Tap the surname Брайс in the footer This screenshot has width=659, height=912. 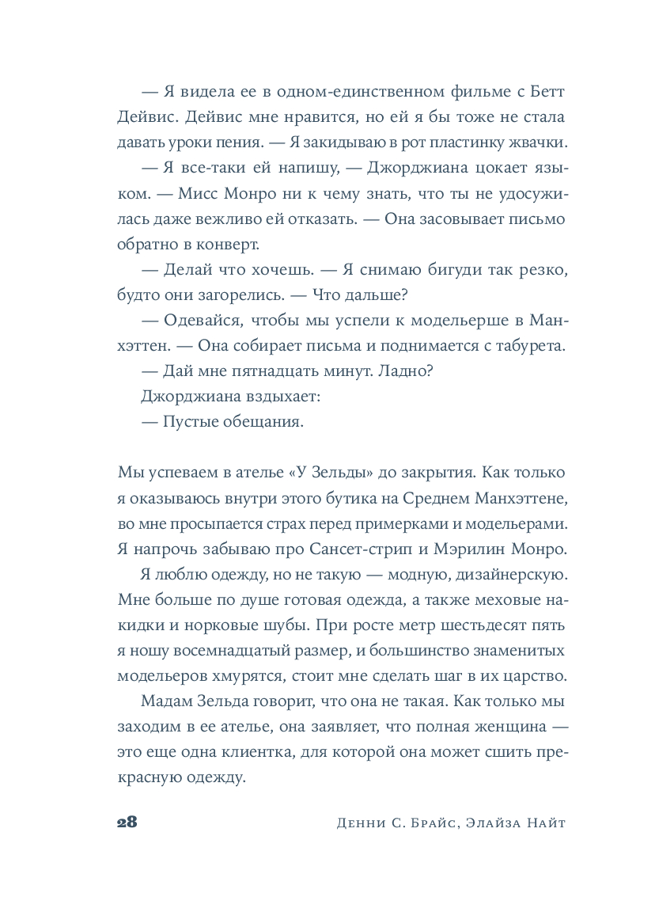(430, 823)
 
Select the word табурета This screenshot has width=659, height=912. (532, 345)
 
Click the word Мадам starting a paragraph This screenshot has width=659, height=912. (165, 702)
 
